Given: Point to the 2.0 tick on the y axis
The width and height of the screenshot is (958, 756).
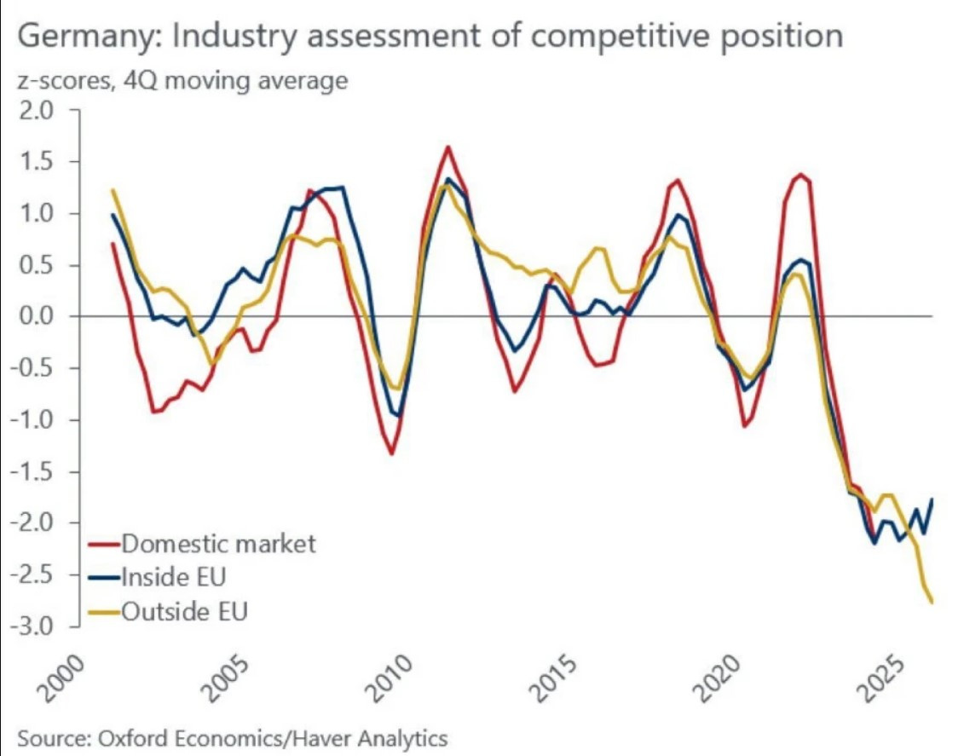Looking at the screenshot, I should pyautogui.click(x=35, y=111).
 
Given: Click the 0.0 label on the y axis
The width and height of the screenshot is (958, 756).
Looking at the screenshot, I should pyautogui.click(x=35, y=317).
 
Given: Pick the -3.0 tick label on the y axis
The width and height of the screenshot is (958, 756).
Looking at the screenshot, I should pyautogui.click(x=32, y=626).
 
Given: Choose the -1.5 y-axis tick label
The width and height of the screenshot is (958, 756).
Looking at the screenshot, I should pyautogui.click(x=32, y=471).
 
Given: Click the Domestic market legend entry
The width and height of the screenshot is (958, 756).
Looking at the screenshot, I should pyautogui.click(x=218, y=543).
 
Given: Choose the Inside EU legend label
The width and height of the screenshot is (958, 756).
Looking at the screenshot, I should pyautogui.click(x=174, y=577).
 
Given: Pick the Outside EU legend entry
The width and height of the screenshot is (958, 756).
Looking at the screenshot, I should pyautogui.click(x=184, y=610).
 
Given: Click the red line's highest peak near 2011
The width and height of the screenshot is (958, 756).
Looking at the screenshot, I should pyautogui.click(x=448, y=147).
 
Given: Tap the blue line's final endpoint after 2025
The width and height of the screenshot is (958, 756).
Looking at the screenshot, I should pyautogui.click(x=932, y=499).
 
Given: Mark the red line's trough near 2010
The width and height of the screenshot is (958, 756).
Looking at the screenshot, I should pyautogui.click(x=392, y=453).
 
